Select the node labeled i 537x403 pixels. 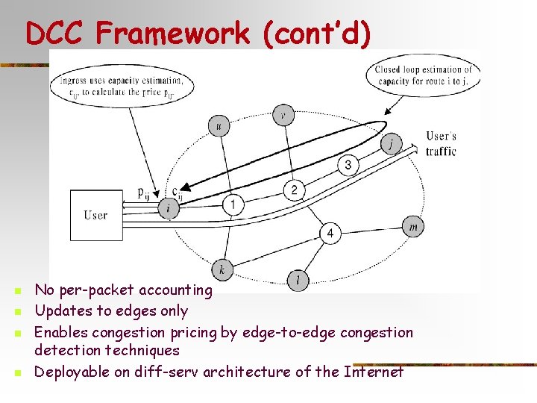point(169,208)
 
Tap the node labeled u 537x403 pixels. point(219,126)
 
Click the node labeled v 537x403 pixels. point(283,114)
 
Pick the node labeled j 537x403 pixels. point(391,143)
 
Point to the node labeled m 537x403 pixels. point(413,226)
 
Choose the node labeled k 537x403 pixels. point(222,269)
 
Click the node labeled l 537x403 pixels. point(298,280)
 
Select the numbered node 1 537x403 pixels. point(233,203)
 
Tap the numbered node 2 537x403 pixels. point(294,190)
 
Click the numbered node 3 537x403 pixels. point(348,164)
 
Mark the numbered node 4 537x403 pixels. point(330,234)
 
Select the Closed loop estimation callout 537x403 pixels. point(422,75)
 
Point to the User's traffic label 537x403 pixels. point(441,143)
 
